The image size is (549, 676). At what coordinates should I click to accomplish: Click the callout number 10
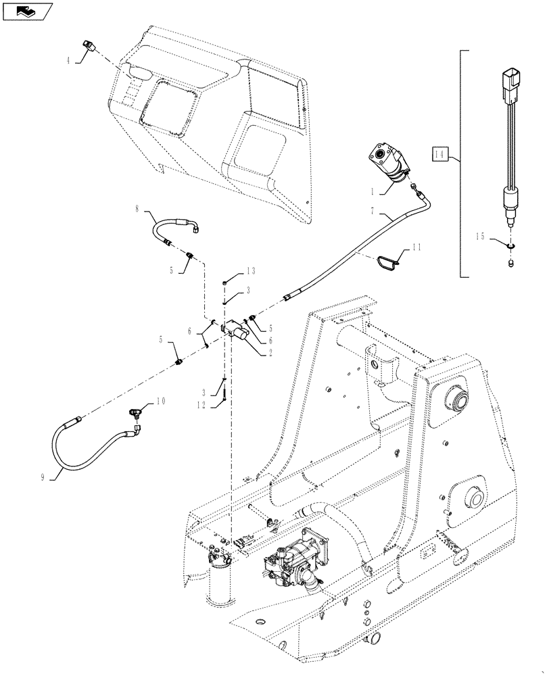[x=160, y=400]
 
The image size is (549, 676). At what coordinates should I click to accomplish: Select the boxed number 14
[x=440, y=155]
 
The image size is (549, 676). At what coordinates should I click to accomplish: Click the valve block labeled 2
[x=234, y=329]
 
